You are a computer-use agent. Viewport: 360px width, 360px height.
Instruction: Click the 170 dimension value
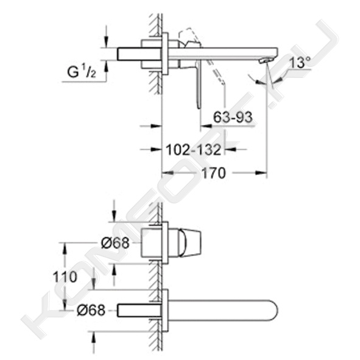pyautogui.click(x=214, y=173)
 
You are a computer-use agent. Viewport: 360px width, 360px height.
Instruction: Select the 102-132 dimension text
pyautogui.click(x=193, y=150)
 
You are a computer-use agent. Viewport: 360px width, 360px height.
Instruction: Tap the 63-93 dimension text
pyautogui.click(x=233, y=117)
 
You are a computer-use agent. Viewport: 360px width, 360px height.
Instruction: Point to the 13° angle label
pyautogui.click(x=300, y=62)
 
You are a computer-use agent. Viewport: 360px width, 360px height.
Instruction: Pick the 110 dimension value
pyautogui.click(x=65, y=277)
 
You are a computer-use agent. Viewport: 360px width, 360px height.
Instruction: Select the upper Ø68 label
pyautogui.click(x=115, y=243)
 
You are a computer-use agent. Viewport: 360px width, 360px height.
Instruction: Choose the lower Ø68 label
pyautogui.click(x=91, y=310)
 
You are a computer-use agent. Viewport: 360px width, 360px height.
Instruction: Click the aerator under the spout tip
pyautogui.click(x=266, y=60)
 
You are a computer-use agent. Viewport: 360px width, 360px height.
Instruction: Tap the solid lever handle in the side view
pyautogui.click(x=199, y=84)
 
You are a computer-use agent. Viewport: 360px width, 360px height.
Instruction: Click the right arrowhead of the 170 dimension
pyautogui.click(x=262, y=173)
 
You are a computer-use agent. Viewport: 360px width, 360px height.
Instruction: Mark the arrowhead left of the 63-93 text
pyautogui.click(x=206, y=126)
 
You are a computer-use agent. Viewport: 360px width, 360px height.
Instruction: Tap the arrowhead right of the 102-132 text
pyautogui.click(x=230, y=149)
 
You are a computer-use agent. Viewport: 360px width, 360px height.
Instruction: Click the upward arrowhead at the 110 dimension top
pyautogui.click(x=65, y=249)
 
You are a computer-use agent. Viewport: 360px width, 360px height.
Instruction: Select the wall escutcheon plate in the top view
pyautogui.click(x=165, y=54)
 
